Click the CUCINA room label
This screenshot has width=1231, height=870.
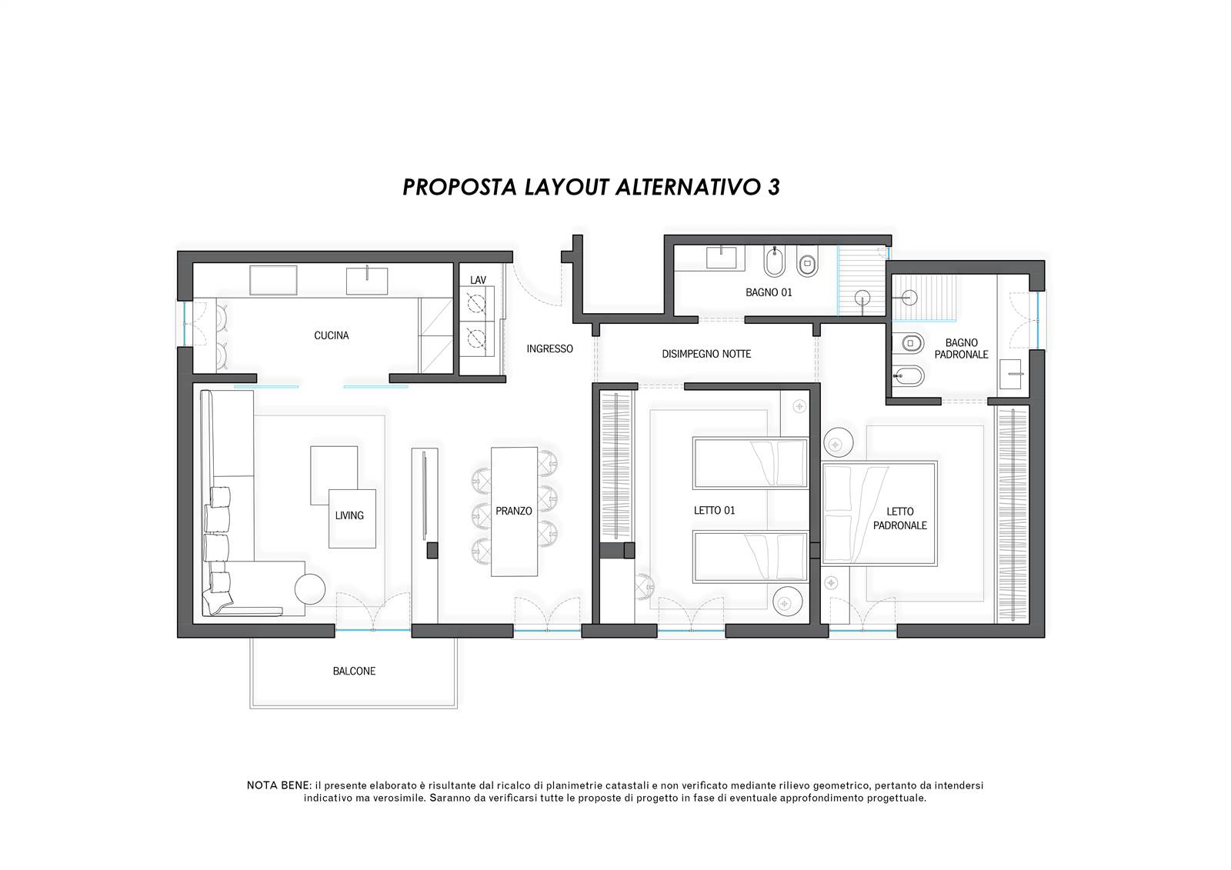[331, 335]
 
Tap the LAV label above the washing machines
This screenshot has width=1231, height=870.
[478, 280]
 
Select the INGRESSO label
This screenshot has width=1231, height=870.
[549, 348]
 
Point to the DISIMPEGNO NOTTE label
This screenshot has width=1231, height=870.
[706, 354]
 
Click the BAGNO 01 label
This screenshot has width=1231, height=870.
[769, 292]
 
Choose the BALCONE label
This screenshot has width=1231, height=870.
[354, 671]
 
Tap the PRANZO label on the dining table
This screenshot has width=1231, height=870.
[513, 511]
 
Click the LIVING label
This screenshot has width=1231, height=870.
[349, 515]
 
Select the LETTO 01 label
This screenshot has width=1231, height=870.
[714, 511]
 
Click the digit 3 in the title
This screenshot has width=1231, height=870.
[773, 188]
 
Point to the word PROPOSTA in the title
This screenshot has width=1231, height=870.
[460, 188]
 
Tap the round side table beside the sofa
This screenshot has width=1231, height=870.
[309, 589]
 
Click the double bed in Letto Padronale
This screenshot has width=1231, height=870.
[879, 513]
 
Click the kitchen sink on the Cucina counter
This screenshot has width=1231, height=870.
[366, 281]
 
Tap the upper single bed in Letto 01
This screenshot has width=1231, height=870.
[750, 463]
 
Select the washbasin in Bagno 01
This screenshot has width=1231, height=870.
[721, 257]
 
